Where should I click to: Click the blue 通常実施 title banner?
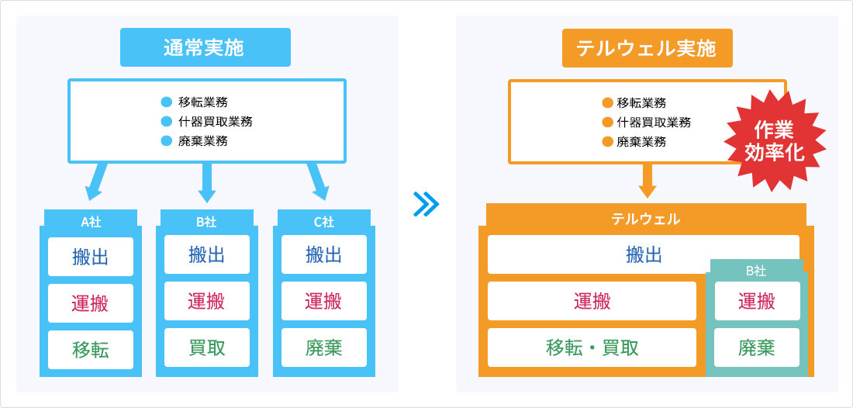pos(205,47)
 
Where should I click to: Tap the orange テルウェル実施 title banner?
pos(648,48)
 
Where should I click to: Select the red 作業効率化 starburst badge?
pos(775,140)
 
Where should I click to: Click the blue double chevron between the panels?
pos(426,204)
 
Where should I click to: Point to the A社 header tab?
pos(91,220)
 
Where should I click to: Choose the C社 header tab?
pos(324,220)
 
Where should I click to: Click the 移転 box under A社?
pos(91,350)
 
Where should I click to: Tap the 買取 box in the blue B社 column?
pos(207,347)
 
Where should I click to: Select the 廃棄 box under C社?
pos(324,347)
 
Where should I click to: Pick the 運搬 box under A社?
pos(91,303)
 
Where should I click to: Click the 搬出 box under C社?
pos(324,254)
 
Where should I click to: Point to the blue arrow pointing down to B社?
pos(207,183)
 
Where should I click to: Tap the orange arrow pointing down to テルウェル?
pos(648,181)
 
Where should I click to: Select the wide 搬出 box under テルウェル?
pos(644,254)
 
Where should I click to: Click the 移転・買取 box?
pos(592,347)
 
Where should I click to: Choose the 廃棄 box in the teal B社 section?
pos(757,347)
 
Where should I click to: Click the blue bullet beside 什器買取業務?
pos(167,121)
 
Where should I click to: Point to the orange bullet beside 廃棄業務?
pos(608,142)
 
